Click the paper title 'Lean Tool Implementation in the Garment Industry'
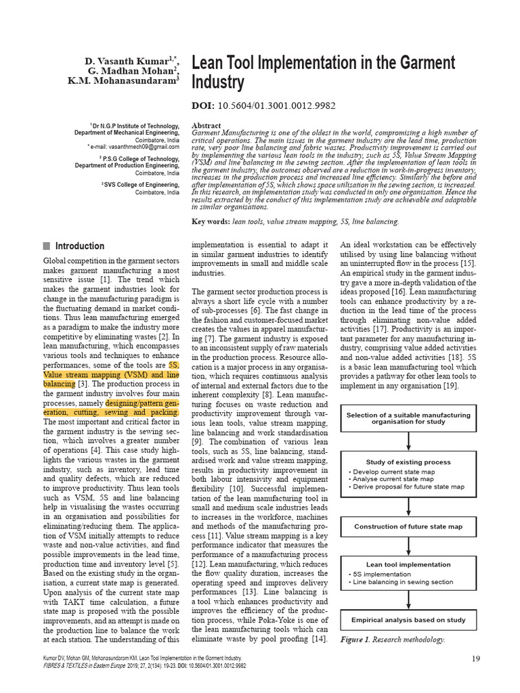(x=324, y=72)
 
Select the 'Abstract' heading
(x=207, y=126)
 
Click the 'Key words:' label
(x=211, y=221)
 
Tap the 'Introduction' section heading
(x=80, y=246)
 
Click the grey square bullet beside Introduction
(x=47, y=246)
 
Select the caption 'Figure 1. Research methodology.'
(x=393, y=640)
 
